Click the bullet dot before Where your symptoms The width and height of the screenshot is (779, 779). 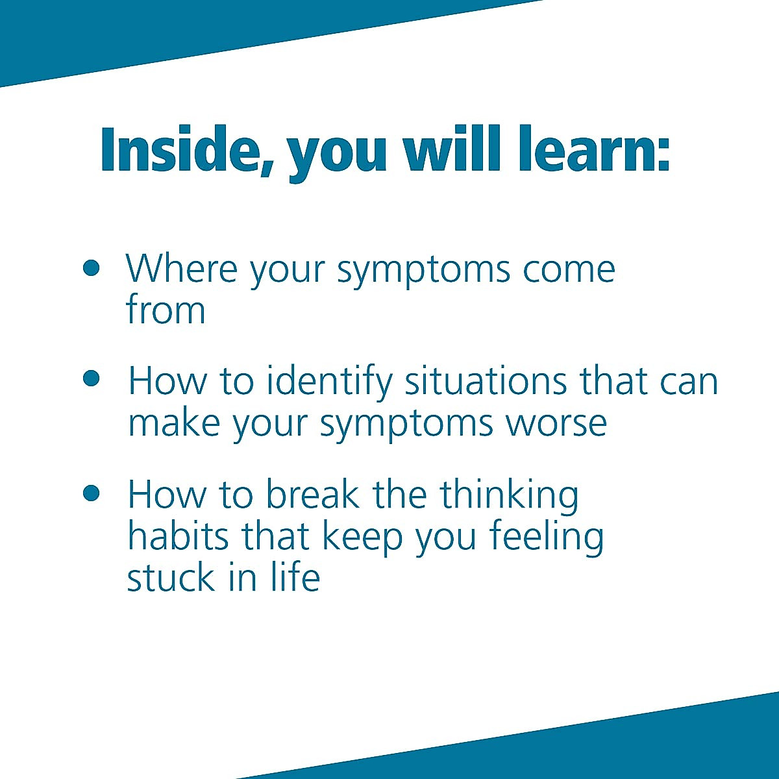[92, 267]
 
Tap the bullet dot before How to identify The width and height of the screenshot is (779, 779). [92, 378]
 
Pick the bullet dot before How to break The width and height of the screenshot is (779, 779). [92, 493]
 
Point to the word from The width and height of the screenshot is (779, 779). [166, 310]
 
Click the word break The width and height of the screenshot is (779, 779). [312, 495]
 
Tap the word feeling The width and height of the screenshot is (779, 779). [546, 538]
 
